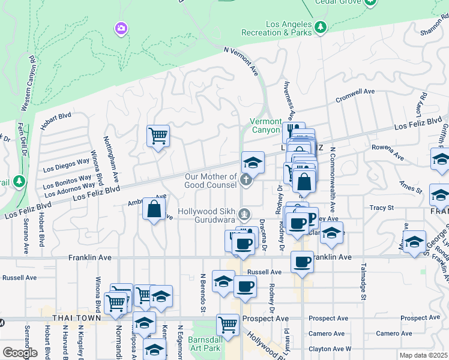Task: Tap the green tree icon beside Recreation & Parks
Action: [321, 27]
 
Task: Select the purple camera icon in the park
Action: [121, 28]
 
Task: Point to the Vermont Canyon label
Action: [265, 126]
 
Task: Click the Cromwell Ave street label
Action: [355, 95]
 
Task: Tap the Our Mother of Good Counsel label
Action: [211, 181]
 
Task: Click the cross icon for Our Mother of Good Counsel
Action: [245, 179]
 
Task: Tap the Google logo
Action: [20, 352]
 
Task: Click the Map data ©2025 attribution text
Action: [423, 355]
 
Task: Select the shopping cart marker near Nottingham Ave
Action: [158, 136]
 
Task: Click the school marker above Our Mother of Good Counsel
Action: [253, 162]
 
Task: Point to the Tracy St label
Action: [381, 208]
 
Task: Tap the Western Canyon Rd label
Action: [28, 84]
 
